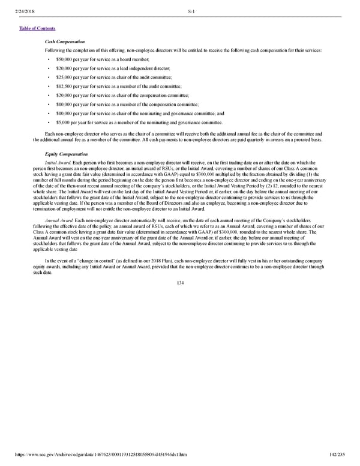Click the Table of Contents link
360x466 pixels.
click(x=38, y=28)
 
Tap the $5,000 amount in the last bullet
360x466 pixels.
click(x=62, y=122)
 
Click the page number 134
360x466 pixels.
click(x=179, y=283)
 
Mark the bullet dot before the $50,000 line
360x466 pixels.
click(x=48, y=59)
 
